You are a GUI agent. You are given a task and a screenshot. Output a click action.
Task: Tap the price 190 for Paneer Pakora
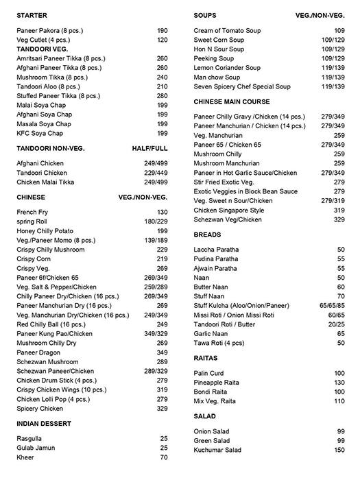pos(162,31)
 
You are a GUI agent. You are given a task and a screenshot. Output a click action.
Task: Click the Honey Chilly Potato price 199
pos(162,231)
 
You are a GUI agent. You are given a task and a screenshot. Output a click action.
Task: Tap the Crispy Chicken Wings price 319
pos(162,389)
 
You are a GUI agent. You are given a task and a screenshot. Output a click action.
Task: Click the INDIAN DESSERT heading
pos(44,424)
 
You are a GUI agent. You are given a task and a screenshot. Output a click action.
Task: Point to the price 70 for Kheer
pos(164,457)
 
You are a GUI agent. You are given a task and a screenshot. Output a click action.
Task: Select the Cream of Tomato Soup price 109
pos(339,31)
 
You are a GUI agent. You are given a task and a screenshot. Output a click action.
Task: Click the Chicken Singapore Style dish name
pos(228,210)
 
